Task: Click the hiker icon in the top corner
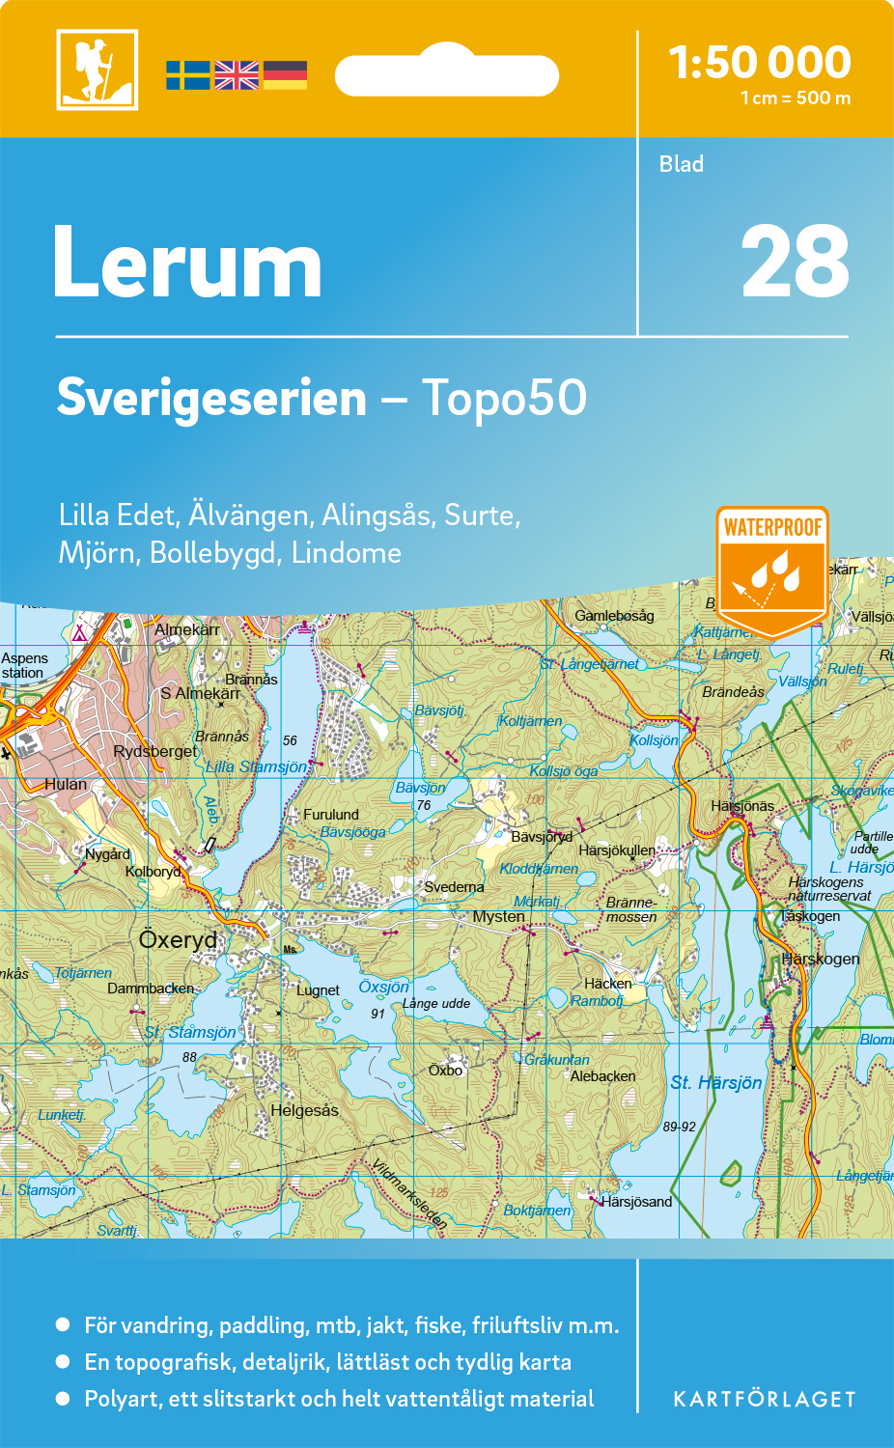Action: click(x=97, y=70)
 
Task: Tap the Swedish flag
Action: click(x=187, y=75)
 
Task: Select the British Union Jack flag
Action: click(x=237, y=75)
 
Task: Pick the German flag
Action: click(x=285, y=75)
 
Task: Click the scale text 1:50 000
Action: click(x=760, y=64)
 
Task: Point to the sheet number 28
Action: click(x=795, y=263)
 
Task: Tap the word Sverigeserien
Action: click(x=211, y=398)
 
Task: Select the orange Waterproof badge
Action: click(x=772, y=570)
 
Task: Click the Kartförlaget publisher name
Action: click(x=764, y=1400)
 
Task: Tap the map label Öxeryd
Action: click(x=178, y=939)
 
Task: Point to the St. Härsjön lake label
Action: click(x=716, y=1083)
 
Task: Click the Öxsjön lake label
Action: click(x=383, y=987)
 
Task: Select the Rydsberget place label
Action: click(x=154, y=751)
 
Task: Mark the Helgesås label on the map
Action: click(x=304, y=1110)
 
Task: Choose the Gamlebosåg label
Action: click(x=614, y=616)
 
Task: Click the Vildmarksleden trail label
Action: click(x=409, y=1194)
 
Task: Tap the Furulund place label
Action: click(x=330, y=815)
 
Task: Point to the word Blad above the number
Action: click(x=681, y=164)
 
